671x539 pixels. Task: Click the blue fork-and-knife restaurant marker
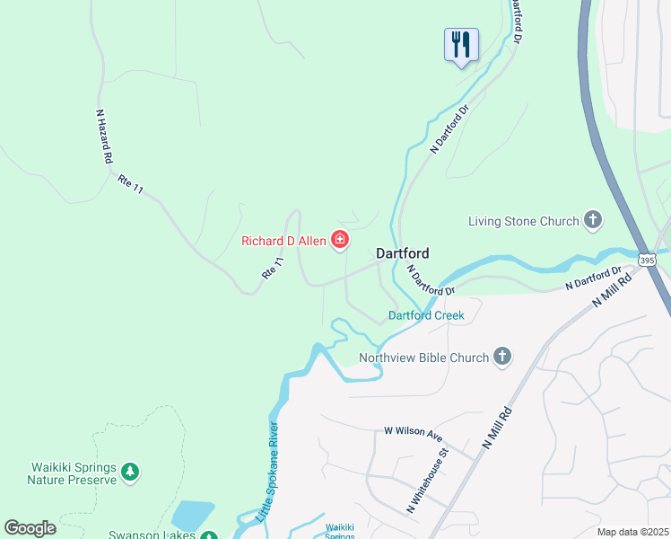click(461, 45)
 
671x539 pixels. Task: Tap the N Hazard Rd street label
click(104, 137)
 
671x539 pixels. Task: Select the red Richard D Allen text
click(284, 241)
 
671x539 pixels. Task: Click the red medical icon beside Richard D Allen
click(340, 239)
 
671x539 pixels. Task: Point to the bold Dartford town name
click(402, 253)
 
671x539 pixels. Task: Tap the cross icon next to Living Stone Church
click(592, 219)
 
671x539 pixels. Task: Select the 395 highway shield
click(647, 260)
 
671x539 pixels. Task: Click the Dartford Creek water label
click(426, 315)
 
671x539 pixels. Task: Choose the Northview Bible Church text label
click(423, 358)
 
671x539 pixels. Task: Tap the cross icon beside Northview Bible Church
click(501, 357)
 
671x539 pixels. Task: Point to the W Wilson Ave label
click(414, 433)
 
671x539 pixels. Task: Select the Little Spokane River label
click(267, 472)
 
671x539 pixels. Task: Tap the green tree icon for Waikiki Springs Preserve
click(131, 472)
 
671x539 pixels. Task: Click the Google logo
click(30, 528)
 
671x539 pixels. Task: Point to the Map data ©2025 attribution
click(632, 532)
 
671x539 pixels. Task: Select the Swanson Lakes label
click(152, 535)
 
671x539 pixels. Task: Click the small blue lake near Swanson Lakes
click(193, 516)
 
